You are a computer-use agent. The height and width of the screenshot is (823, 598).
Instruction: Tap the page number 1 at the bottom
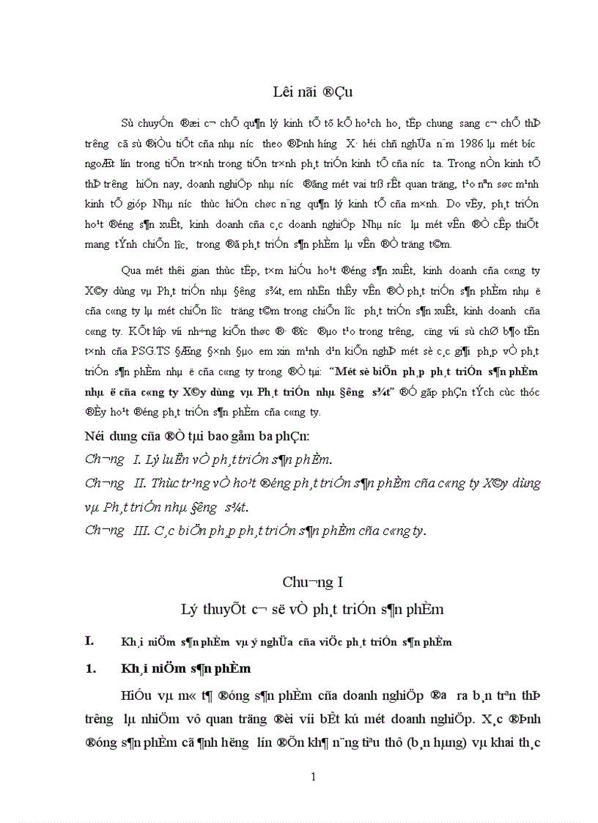point(313,777)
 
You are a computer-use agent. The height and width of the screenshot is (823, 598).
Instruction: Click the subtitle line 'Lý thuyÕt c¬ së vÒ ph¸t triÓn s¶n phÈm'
point(313,609)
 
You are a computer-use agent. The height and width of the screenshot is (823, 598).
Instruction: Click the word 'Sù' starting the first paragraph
point(128,122)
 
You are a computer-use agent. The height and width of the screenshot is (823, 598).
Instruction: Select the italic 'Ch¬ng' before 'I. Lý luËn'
point(105,460)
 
